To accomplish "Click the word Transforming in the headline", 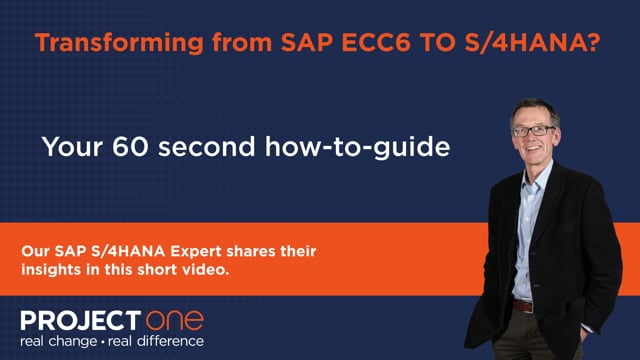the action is click(119, 43).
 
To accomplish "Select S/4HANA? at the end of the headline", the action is click(533, 42).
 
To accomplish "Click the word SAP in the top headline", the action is click(307, 42).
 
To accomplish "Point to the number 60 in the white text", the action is click(130, 147).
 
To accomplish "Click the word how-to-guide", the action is click(358, 148).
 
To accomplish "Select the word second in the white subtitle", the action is click(207, 147).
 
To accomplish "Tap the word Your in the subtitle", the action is click(72, 147).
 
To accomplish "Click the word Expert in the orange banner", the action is click(195, 252).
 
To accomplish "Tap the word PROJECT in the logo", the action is click(81, 320).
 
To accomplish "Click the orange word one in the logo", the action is click(175, 320).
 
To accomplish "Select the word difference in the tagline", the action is click(170, 341).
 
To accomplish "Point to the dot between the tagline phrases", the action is click(103, 341).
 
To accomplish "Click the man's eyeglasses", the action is click(533, 131).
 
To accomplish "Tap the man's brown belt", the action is click(523, 306).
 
